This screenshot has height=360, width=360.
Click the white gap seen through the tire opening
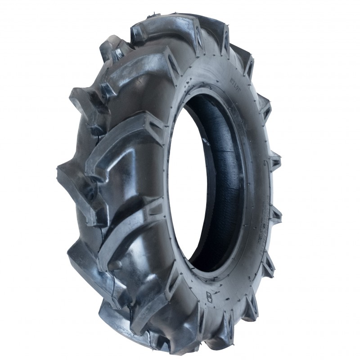(180, 189)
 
